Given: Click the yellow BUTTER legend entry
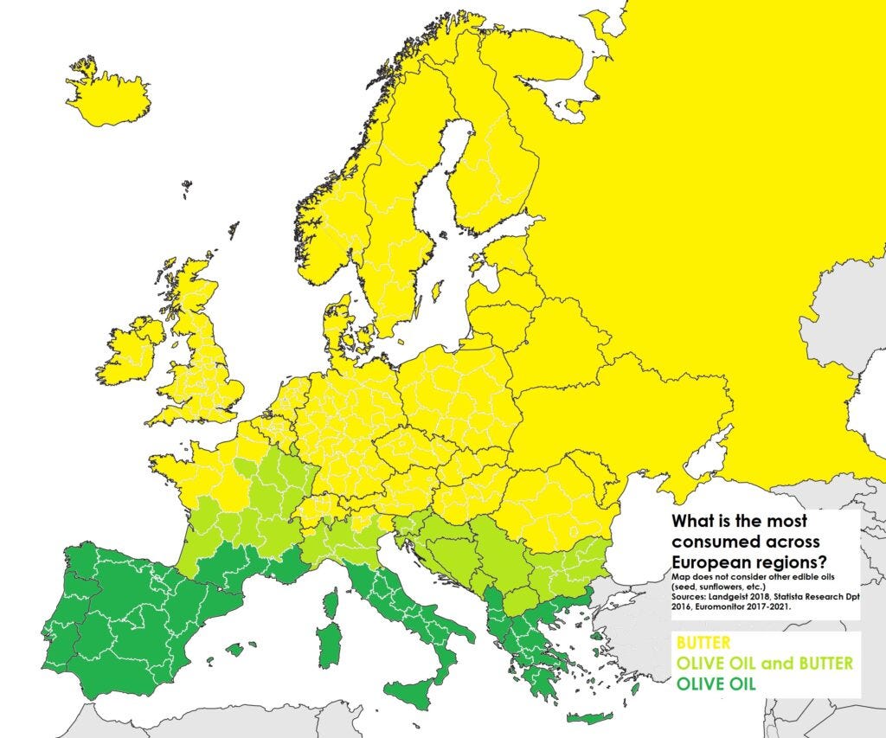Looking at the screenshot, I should [x=703, y=644].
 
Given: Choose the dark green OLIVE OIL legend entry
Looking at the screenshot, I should [x=716, y=683].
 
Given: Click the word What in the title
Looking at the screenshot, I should [x=693, y=522].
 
